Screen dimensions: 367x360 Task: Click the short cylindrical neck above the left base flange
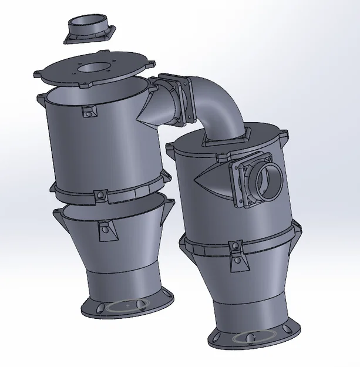120,279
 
